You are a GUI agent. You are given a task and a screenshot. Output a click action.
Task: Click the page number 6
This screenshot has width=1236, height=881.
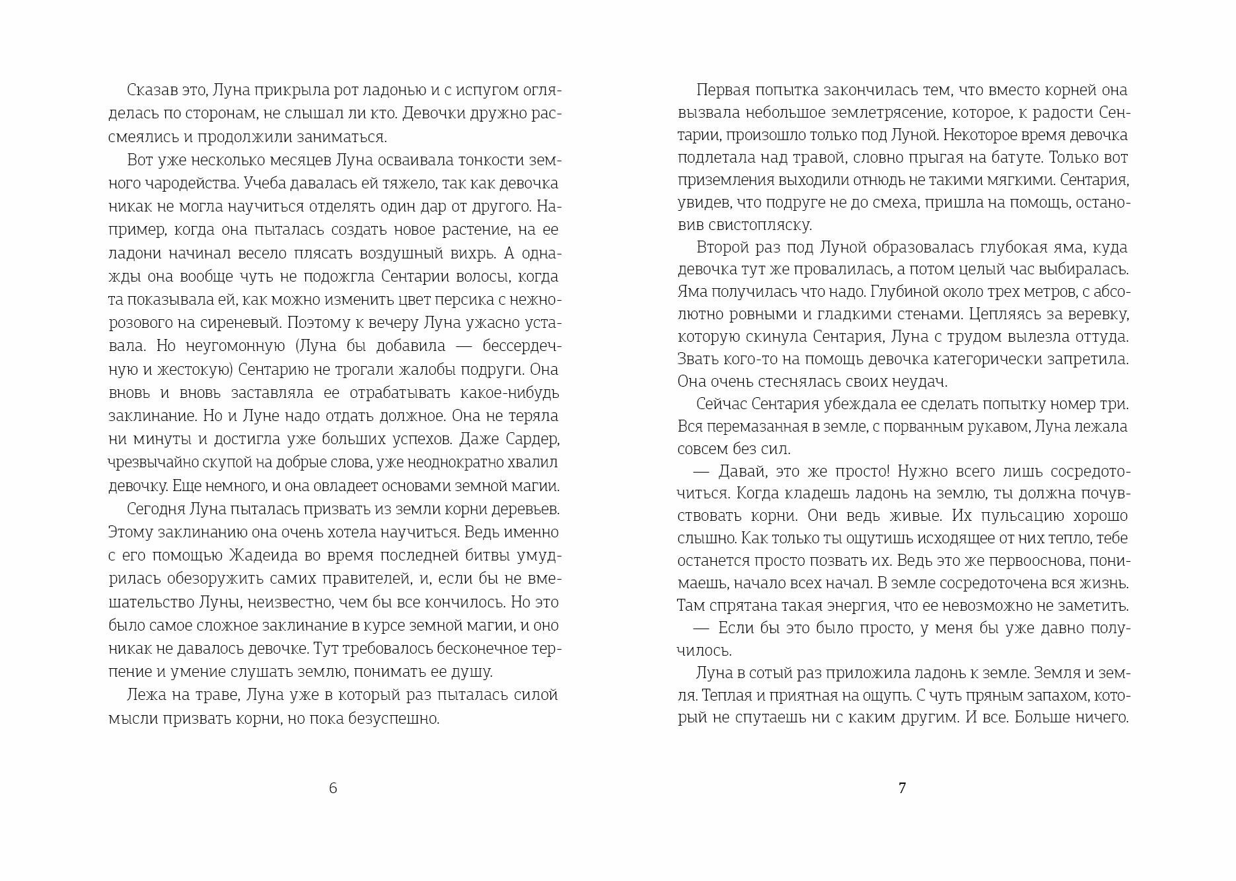pos(333,788)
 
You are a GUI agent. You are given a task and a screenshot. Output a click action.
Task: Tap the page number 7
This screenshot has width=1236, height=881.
pos(902,788)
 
